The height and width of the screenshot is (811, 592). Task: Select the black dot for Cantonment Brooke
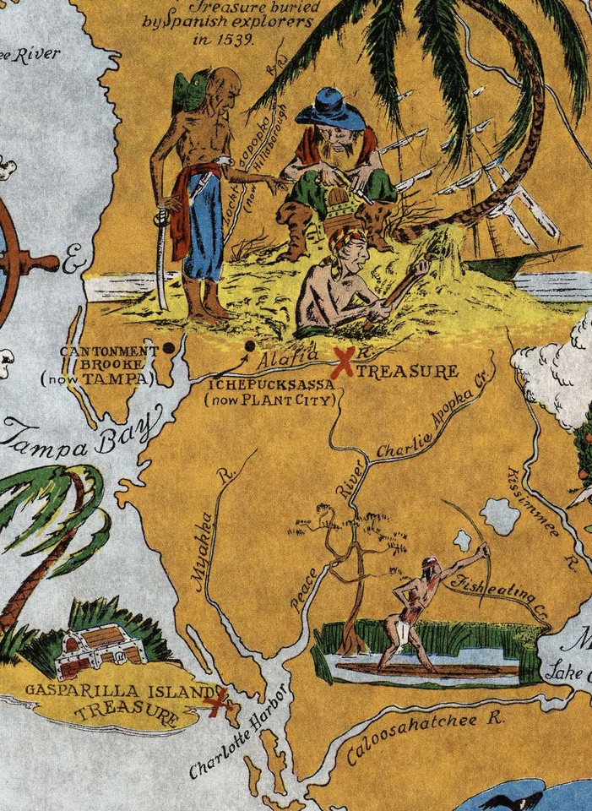click(x=169, y=346)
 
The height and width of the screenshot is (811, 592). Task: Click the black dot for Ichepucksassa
click(x=249, y=346)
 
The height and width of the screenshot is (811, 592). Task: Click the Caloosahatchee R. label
click(x=424, y=736)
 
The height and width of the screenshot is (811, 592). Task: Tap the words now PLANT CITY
click(x=270, y=400)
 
